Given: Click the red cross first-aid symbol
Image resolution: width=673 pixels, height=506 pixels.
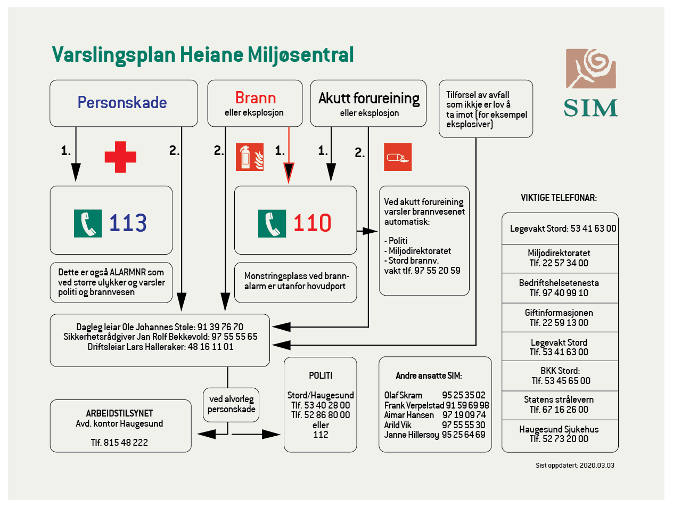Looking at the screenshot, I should [120, 157].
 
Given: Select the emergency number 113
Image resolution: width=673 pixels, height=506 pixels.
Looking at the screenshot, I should [128, 223].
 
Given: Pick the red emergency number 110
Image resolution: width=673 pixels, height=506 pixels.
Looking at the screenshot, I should [312, 223].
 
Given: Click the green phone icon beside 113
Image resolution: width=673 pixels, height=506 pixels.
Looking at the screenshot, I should [87, 223].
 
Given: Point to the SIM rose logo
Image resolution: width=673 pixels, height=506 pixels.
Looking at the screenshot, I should [590, 69].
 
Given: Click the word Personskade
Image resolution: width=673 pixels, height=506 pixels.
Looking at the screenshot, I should [122, 102].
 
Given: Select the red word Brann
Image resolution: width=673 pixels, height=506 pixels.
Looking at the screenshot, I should [256, 98].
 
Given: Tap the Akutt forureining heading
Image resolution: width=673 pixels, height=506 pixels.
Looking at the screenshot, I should [368, 99].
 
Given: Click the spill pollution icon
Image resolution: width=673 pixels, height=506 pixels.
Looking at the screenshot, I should [398, 157].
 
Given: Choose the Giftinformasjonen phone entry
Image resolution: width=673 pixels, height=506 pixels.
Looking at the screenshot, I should [559, 317].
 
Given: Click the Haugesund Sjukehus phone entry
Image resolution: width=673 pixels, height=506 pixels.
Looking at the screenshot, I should [559, 434].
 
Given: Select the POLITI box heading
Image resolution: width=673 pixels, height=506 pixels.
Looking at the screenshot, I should [321, 376].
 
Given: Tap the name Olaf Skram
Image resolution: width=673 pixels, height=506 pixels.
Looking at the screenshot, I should [403, 395].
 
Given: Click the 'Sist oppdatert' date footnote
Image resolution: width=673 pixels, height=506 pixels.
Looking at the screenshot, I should [575, 465].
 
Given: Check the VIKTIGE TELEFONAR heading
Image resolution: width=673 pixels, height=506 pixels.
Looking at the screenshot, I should [559, 198].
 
